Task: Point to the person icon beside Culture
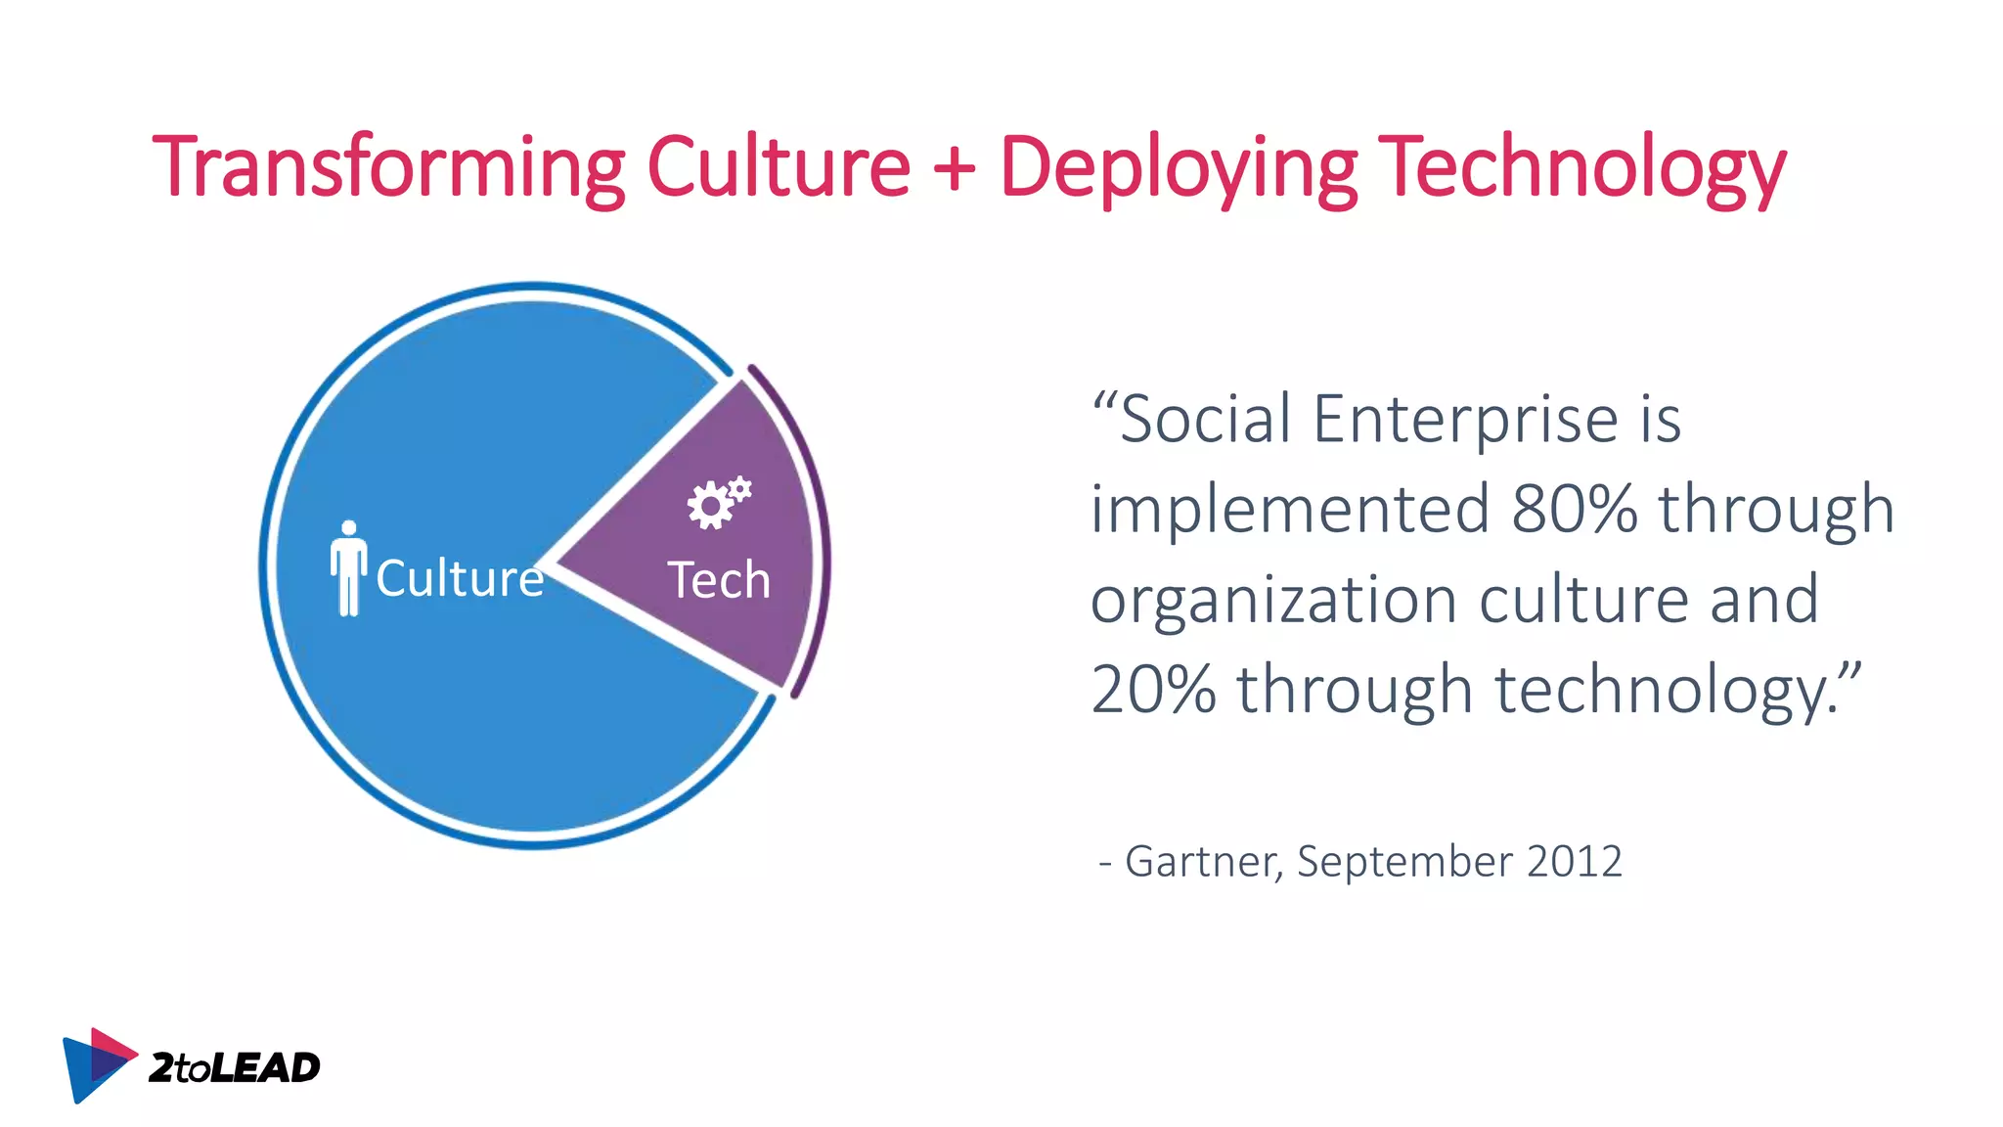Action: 348,568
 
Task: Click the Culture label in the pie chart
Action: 460,578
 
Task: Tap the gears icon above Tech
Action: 719,503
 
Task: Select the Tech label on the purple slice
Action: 719,580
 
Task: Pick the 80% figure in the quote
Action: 1574,509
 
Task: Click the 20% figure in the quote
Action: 1153,689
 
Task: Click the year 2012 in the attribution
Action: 1574,862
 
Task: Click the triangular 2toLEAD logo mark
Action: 96,1064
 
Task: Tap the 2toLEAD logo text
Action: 234,1067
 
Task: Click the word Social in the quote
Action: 1207,419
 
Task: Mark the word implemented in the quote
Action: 1290,509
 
